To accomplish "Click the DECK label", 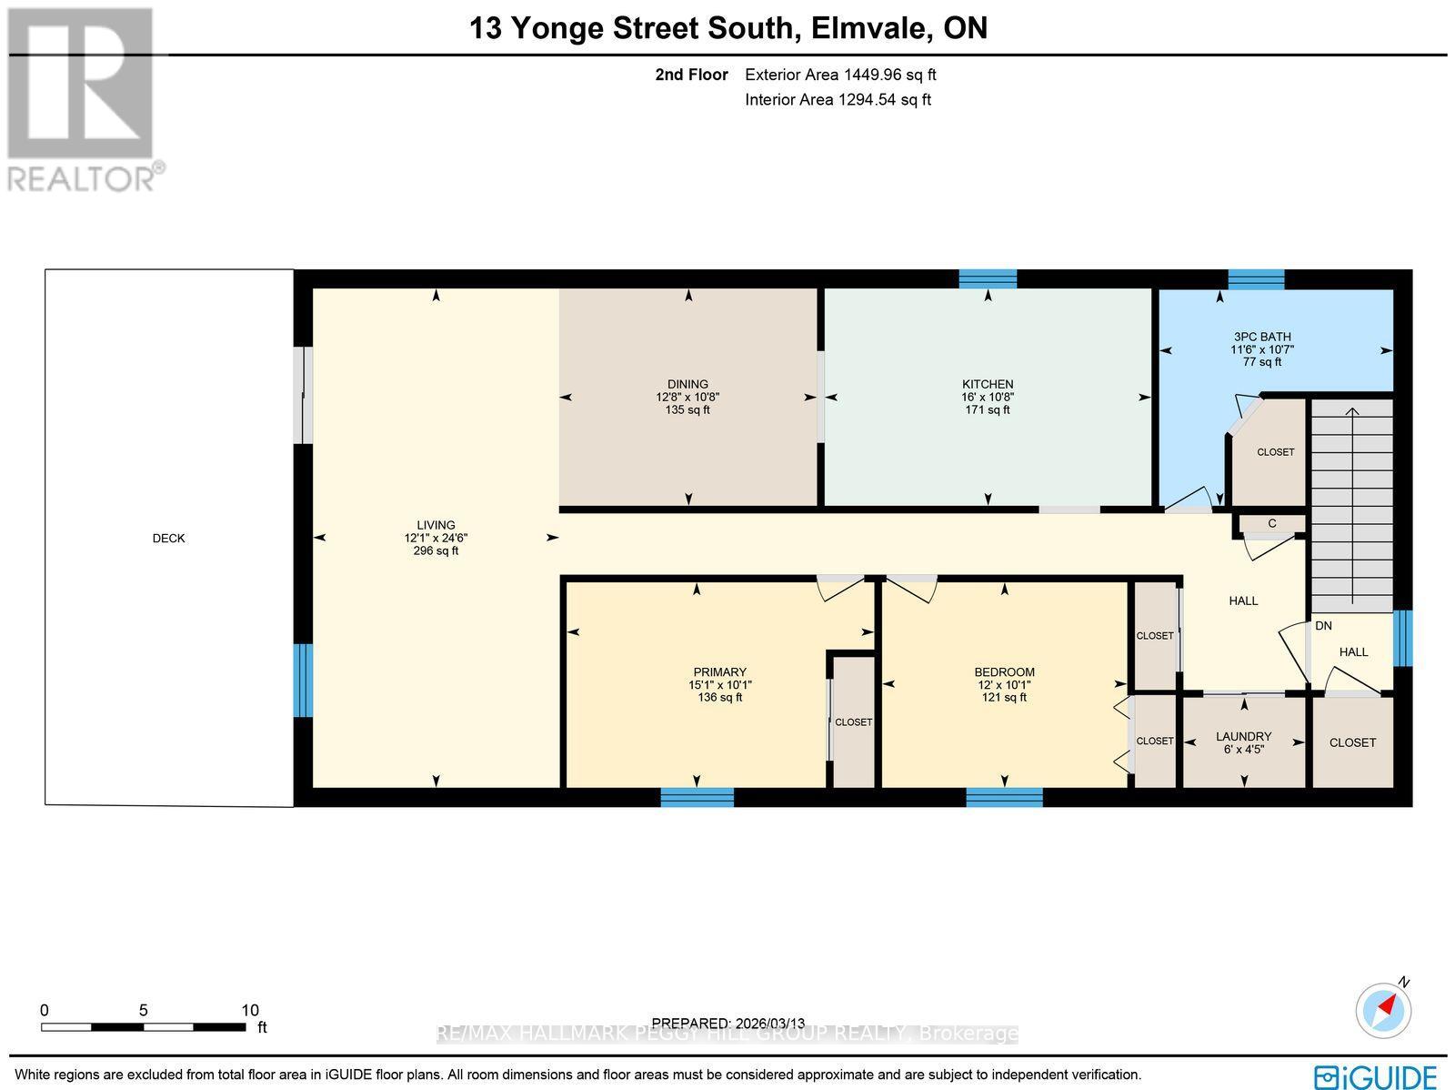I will (168, 539).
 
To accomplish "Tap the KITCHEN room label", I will (988, 384).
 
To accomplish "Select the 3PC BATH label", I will (1261, 337).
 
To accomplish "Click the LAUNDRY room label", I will (1243, 737).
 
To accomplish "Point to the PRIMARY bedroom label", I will (719, 672).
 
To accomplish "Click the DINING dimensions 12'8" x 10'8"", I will (687, 397).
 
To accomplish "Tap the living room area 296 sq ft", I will (436, 550).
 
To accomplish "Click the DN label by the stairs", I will (1323, 626).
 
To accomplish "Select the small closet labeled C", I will (1271, 523).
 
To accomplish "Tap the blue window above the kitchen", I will (988, 278).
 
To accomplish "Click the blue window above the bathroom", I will (1256, 278).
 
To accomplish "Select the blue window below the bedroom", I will (1004, 798).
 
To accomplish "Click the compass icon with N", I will (1384, 1009).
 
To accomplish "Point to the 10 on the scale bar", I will (250, 1010).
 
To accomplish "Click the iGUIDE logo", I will (1377, 1075).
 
